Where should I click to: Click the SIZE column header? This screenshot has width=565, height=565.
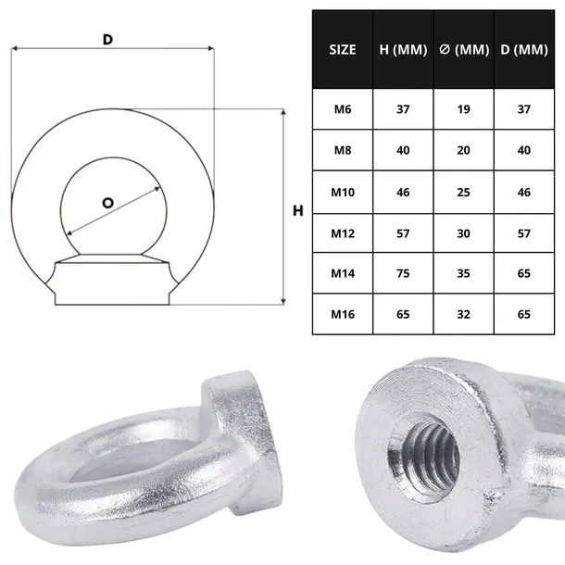point(343,50)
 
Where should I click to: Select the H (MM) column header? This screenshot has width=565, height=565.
point(403,50)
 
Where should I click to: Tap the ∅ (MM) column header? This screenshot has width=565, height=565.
point(463,50)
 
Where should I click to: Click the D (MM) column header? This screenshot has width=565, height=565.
point(525,50)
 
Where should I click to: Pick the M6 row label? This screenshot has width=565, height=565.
point(343,109)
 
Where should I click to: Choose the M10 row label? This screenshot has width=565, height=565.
point(343,192)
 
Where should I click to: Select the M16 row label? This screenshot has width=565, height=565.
point(343,314)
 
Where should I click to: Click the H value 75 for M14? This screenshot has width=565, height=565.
point(403,273)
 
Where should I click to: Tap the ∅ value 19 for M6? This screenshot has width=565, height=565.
point(463,109)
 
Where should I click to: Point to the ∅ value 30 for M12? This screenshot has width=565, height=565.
point(463,232)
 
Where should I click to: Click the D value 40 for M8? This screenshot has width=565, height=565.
point(525,150)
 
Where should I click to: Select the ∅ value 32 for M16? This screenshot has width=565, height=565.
point(463,314)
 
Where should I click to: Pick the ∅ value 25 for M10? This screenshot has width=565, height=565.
point(463,192)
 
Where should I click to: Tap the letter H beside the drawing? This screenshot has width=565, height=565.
point(297,211)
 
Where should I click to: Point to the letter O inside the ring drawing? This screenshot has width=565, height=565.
point(107,202)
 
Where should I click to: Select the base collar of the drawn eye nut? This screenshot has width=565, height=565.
point(113,282)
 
